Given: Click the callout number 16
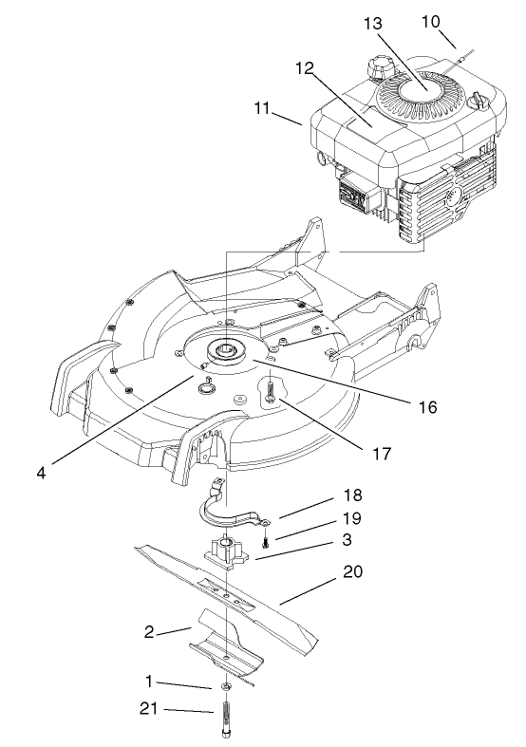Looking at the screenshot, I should pyautogui.click(x=427, y=406).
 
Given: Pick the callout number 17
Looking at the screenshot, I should pyautogui.click(x=382, y=454).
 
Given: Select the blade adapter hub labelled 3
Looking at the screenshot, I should pyautogui.click(x=228, y=549).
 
